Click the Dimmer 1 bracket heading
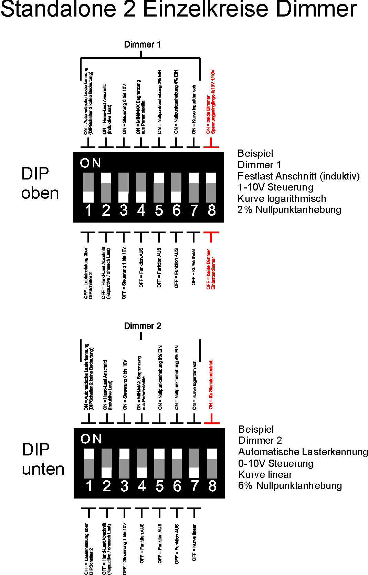142,44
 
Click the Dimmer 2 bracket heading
143,326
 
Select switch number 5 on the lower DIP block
159,463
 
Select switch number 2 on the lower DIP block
107,463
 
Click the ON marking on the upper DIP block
90,163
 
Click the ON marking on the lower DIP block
91,439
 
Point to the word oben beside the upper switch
40,193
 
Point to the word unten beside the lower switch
43,469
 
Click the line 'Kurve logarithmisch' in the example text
282,198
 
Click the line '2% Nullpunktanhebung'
289,209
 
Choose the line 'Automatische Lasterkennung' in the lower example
303,452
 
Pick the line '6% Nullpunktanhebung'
290,485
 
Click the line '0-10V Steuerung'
275,463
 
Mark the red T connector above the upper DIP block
211,143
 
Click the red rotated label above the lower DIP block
211,384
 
